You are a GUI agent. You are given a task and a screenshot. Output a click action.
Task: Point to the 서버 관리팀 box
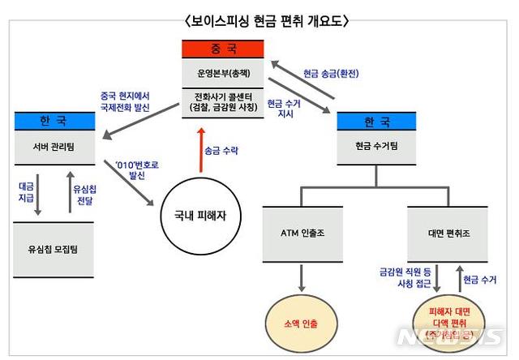point(56,146)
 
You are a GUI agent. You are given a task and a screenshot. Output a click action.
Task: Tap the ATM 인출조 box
point(301,230)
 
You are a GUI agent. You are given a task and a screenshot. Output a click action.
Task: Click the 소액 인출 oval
point(302,322)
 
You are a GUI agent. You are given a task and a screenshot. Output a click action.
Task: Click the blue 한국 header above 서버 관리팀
point(56,120)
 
